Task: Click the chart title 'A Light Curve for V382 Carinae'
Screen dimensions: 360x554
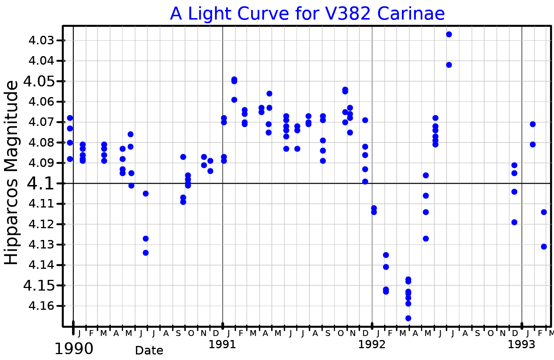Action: tap(307, 14)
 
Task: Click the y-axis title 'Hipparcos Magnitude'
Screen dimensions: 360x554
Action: tap(12, 172)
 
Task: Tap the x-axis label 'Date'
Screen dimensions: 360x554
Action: tap(149, 350)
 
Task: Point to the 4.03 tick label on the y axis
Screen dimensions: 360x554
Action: tap(41, 40)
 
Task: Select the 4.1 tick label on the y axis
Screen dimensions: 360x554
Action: tap(41, 184)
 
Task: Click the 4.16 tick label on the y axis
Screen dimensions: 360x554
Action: tap(41, 306)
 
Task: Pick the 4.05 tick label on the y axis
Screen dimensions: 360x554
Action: tap(39, 81)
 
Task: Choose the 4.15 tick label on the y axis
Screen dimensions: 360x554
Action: tap(39, 285)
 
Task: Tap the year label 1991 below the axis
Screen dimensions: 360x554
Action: tap(222, 344)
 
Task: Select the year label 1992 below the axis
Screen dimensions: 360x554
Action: tap(372, 344)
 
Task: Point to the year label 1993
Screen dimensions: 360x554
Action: tap(521, 344)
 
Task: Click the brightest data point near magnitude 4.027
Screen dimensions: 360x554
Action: tap(449, 34)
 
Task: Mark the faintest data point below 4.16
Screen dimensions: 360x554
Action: tap(408, 318)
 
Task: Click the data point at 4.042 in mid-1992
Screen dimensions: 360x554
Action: tap(449, 65)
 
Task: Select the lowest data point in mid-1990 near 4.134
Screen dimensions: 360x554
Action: tap(146, 253)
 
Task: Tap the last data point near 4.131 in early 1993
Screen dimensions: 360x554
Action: tap(544, 247)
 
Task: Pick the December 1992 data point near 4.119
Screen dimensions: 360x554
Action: tap(514, 222)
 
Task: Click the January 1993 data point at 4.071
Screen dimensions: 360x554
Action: tap(533, 124)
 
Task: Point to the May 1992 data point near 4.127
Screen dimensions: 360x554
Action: tap(425, 239)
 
